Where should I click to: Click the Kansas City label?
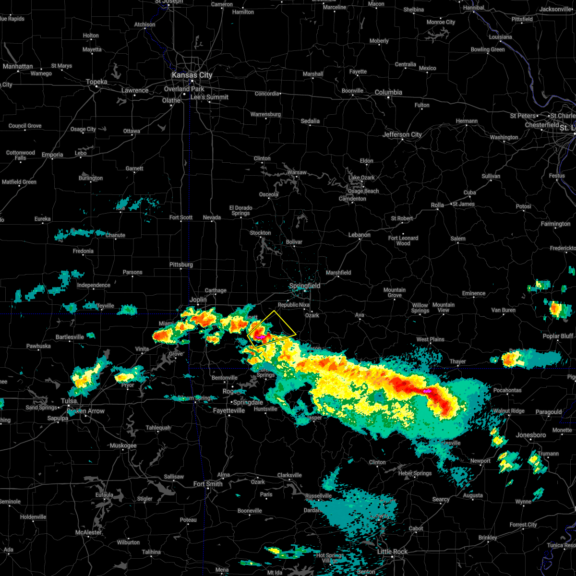pyautogui.click(x=192, y=75)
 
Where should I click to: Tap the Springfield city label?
pyautogui.click(x=304, y=286)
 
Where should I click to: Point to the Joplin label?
pyautogui.click(x=198, y=300)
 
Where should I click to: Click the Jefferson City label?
pyautogui.click(x=402, y=134)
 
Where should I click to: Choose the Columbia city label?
pyautogui.click(x=388, y=92)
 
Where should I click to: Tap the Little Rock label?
pyautogui.click(x=392, y=552)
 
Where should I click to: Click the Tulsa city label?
pyautogui.click(x=69, y=401)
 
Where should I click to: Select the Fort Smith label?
pyautogui.click(x=208, y=484)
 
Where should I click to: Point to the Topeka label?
pyautogui.click(x=96, y=82)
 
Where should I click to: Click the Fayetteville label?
pyautogui.click(x=229, y=410)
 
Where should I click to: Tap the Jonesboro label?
pyautogui.click(x=531, y=435)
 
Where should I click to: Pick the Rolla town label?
pyautogui.click(x=437, y=205)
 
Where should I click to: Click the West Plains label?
pyautogui.click(x=430, y=339)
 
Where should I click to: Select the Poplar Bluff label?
pyautogui.click(x=558, y=336)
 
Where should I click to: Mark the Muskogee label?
pyautogui.click(x=123, y=445)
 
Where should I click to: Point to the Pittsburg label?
pyautogui.click(x=181, y=264)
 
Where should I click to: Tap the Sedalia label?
pyautogui.click(x=310, y=121)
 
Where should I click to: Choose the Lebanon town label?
pyautogui.click(x=359, y=235)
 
